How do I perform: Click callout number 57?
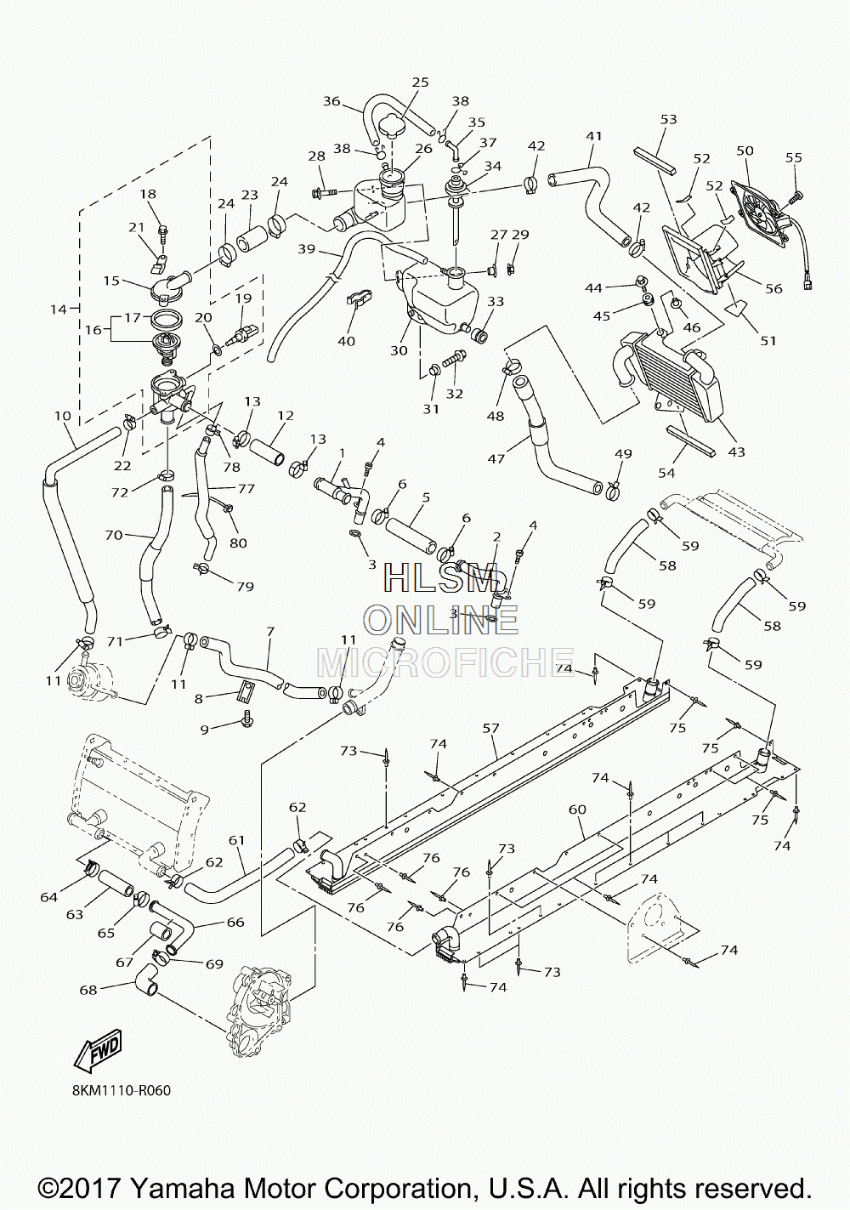490,729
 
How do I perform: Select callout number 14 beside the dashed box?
59,310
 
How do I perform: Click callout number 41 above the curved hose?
593,137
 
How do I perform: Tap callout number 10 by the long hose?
63,416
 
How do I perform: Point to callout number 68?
89,990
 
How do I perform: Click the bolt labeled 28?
325,190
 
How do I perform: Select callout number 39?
307,248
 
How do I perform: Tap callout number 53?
669,119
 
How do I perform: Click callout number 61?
236,840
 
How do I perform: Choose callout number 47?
496,459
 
